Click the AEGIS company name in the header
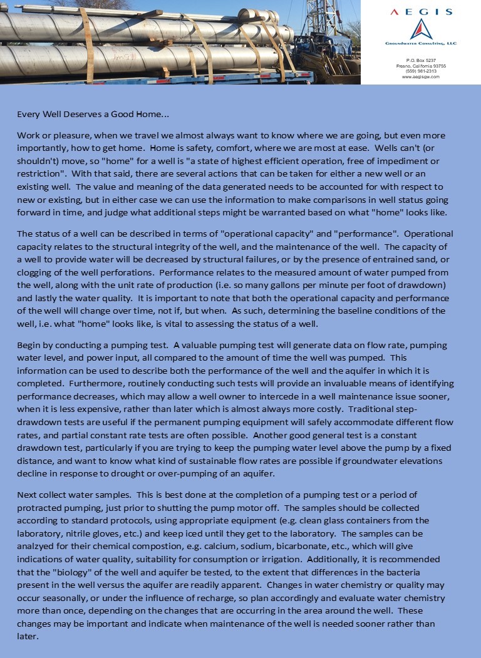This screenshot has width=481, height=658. [420, 12]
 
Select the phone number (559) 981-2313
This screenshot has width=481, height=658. [420, 71]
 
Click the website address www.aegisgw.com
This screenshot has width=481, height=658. [420, 76]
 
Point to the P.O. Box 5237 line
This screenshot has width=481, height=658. [420, 60]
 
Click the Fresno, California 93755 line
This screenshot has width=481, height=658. [420, 66]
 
